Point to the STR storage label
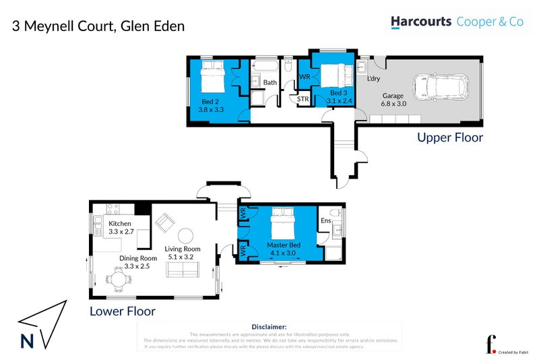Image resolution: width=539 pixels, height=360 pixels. click(x=303, y=99)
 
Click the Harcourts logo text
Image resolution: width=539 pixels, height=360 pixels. click(x=421, y=22)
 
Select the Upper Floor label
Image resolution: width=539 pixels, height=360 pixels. click(x=449, y=138)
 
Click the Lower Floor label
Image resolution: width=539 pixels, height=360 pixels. click(x=123, y=311)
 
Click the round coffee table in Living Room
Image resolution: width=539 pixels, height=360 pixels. click(x=185, y=236)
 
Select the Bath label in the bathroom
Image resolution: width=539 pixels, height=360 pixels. click(x=269, y=83)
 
